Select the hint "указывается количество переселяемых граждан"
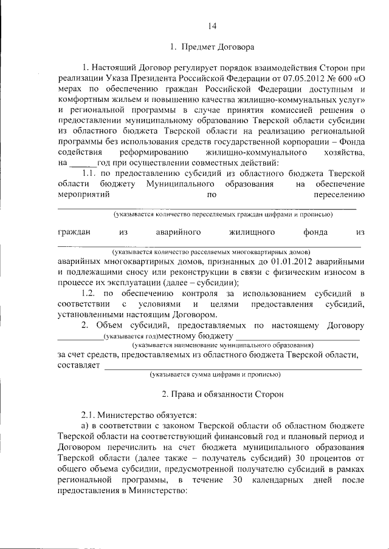pyautogui.click(x=222, y=215)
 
